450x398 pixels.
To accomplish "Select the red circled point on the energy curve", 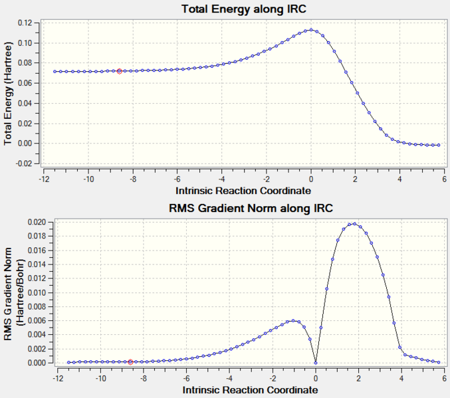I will click(120, 71).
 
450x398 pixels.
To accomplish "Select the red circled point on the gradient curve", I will click(130, 362).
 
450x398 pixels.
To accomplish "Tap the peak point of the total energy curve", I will click(310, 30).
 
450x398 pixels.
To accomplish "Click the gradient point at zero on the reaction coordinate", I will click(315, 363).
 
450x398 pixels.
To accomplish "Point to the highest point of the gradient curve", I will click(354, 224).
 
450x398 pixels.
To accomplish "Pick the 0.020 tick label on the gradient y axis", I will click(34, 222).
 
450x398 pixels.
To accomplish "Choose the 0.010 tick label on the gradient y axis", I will click(34, 292).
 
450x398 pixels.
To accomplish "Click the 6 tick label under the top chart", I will click(445, 179).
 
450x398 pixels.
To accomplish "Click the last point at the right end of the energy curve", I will click(439, 145).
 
